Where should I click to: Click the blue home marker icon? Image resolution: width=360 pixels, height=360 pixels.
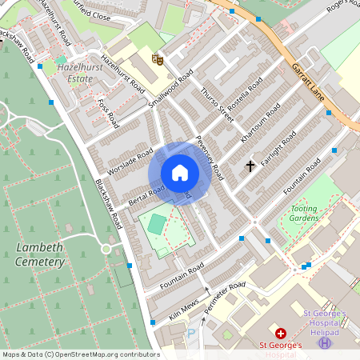tap(180, 173)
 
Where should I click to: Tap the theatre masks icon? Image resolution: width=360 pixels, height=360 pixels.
tap(158, 58)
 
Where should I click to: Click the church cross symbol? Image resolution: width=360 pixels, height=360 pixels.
tap(250, 166)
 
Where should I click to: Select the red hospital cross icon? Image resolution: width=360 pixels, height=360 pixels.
tap(281, 333)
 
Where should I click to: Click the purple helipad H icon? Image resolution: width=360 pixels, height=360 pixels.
tap(325, 342)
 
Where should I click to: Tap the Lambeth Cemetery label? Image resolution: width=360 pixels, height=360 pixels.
tap(39, 254)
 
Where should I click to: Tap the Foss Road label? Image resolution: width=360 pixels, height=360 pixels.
tap(107, 113)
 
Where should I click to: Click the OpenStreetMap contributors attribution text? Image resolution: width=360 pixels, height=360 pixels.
tap(80, 354)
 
